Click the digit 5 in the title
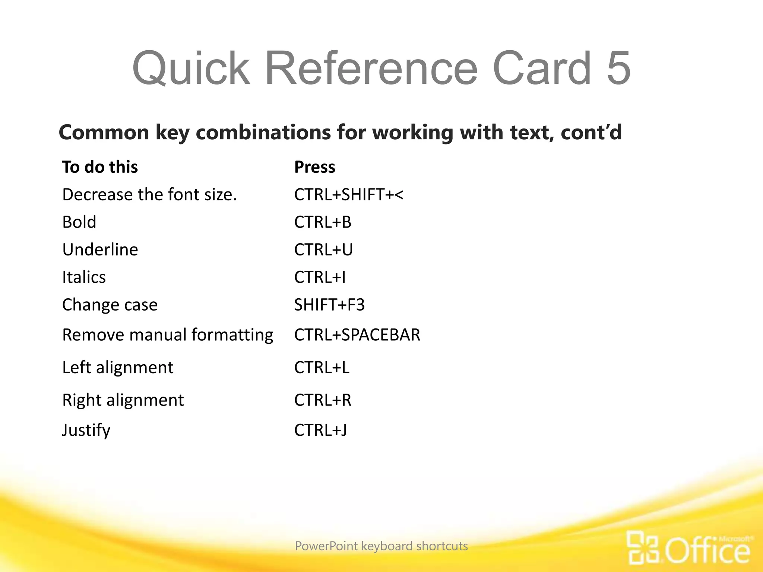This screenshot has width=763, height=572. click(x=618, y=68)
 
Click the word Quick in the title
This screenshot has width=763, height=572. click(x=191, y=69)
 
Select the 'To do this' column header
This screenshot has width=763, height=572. click(x=100, y=167)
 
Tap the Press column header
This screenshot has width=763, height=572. click(x=314, y=167)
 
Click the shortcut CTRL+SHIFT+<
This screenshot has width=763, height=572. click(x=348, y=195)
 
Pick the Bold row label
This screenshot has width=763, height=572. click(x=79, y=222)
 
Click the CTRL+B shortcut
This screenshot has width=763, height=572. click(x=323, y=222)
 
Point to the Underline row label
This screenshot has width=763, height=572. click(x=100, y=250)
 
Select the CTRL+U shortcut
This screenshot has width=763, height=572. click(x=323, y=250)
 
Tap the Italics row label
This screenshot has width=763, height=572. click(x=84, y=277)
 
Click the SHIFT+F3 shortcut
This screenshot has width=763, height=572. click(x=329, y=305)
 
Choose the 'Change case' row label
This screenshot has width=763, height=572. click(x=110, y=305)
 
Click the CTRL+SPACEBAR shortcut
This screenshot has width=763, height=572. click(x=357, y=334)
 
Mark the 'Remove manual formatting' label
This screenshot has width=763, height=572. click(x=168, y=334)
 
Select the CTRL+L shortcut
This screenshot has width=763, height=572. click(x=322, y=368)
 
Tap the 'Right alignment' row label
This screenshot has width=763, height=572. click(x=123, y=400)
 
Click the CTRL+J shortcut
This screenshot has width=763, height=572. click(x=320, y=430)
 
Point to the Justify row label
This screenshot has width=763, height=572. click(x=86, y=430)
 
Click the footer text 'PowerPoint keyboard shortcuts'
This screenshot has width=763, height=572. click(x=381, y=546)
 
